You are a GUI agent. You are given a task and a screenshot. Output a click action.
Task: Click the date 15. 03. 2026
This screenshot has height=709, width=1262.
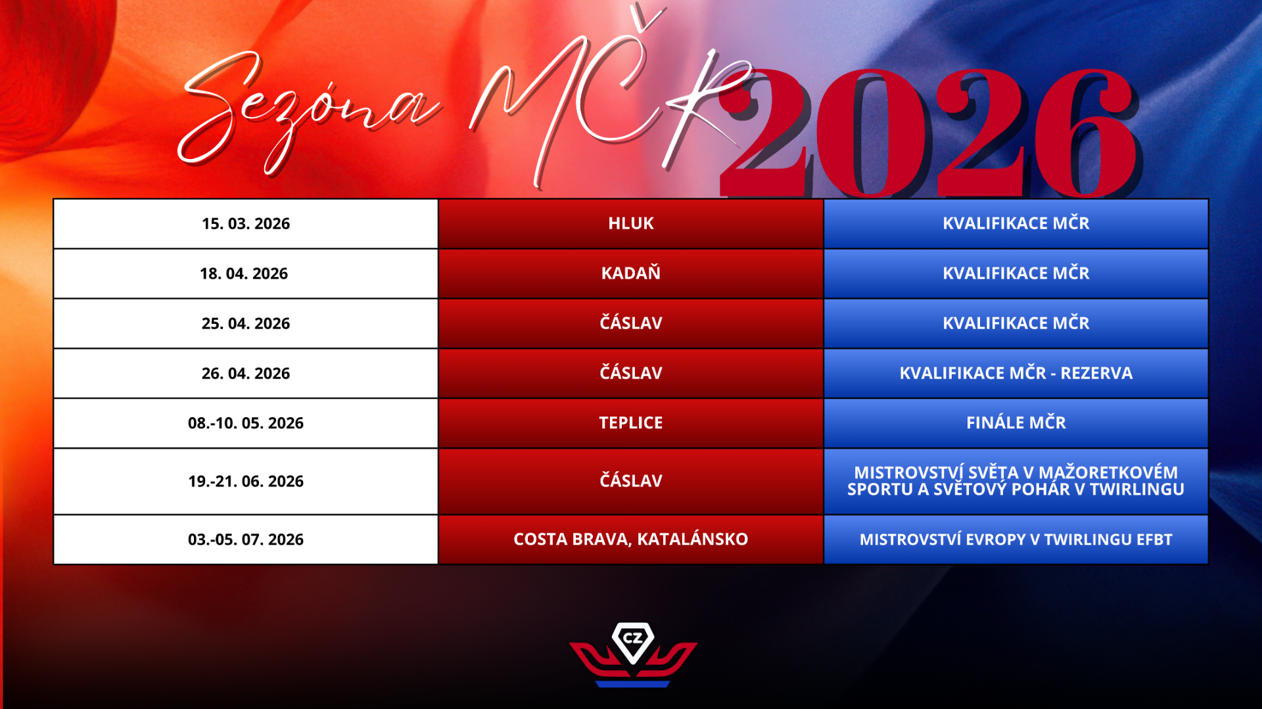[x=246, y=223]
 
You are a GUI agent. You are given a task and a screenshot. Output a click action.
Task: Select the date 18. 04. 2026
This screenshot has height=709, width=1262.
[x=244, y=273]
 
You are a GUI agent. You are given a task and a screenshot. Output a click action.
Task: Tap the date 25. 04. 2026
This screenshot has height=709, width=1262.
[x=246, y=323]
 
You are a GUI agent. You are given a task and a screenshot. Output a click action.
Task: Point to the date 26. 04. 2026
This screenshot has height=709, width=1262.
[x=246, y=373]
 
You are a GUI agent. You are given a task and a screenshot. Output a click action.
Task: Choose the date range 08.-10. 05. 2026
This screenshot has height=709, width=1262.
[x=246, y=423]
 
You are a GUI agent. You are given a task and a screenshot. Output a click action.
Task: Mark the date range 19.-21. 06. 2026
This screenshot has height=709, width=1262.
[x=246, y=481]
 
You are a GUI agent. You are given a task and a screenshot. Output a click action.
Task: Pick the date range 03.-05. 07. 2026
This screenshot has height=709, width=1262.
[x=246, y=539]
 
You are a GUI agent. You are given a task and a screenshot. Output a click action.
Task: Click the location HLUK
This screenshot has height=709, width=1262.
[x=631, y=223]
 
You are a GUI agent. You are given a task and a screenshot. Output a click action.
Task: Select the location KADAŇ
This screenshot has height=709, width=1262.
[x=631, y=273]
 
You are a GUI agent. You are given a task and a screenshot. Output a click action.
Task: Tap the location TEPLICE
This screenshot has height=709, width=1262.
[x=631, y=423]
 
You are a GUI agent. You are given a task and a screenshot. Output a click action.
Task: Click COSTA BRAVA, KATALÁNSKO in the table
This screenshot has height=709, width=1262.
[x=631, y=539]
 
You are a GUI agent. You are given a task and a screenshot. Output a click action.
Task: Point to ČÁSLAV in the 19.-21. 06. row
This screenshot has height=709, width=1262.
[x=631, y=480]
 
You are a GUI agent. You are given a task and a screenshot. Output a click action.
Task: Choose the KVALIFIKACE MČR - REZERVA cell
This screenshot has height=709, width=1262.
[x=1016, y=373]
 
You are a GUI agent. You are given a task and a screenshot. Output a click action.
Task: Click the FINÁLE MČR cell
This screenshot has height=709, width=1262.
[x=1016, y=423]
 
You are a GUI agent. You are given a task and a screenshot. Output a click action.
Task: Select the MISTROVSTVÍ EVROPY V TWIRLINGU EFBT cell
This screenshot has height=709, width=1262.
[x=1016, y=539]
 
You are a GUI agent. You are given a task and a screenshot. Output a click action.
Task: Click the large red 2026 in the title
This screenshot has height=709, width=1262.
[x=930, y=131]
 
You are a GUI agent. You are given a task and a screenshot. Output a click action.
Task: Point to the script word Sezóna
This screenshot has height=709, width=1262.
[x=309, y=112]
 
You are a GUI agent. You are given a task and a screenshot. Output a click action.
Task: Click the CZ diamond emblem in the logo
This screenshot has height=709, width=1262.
[x=633, y=642]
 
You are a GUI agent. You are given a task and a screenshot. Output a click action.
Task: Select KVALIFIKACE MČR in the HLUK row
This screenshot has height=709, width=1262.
[x=1016, y=223]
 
